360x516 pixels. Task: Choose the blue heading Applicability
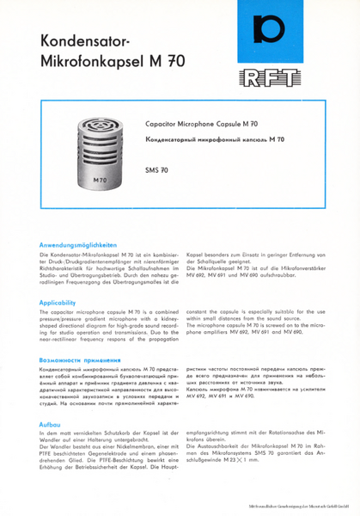61,303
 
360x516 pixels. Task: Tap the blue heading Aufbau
50,425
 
